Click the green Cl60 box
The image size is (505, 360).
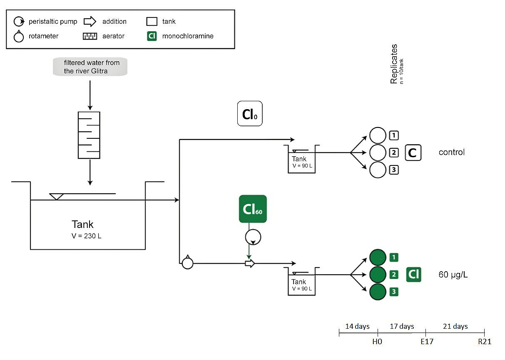pyautogui.click(x=253, y=208)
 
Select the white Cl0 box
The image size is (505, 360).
pyautogui.click(x=250, y=113)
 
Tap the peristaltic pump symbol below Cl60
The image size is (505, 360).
pyautogui.click(x=253, y=237)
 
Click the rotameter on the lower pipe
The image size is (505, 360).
pyautogui.click(x=188, y=263)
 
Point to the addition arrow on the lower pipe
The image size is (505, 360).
pyautogui.click(x=249, y=263)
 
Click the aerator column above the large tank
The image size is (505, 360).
pyautogui.click(x=89, y=135)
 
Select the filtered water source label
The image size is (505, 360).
pyautogui.click(x=90, y=67)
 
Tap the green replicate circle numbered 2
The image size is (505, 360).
pyautogui.click(x=378, y=275)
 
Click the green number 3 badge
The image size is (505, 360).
pyautogui.click(x=393, y=292)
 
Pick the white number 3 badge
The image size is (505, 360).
pyautogui.click(x=393, y=170)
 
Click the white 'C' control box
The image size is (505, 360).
pyautogui.click(x=413, y=153)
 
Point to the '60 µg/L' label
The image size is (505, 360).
pyautogui.click(x=453, y=275)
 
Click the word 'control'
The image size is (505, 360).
pyautogui.click(x=451, y=152)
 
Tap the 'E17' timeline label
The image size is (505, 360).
pyautogui.click(x=427, y=342)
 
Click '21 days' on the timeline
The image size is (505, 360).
pyautogui.click(x=455, y=326)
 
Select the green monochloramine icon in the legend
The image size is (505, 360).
pyautogui.click(x=152, y=36)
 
